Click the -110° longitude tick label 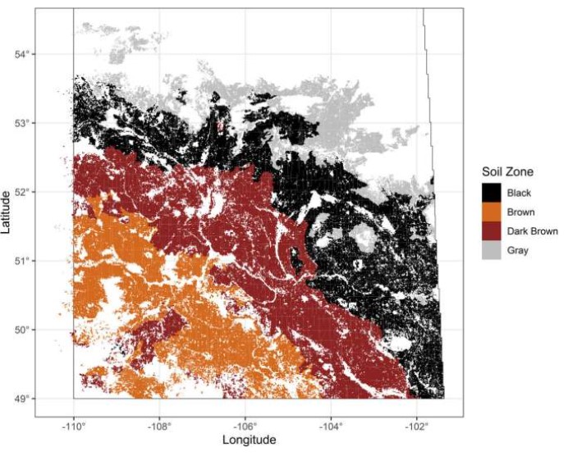click(x=73, y=426)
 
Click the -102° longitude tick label click(x=415, y=426)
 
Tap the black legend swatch click(x=492, y=193)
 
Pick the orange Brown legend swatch click(x=492, y=212)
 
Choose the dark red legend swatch click(x=492, y=231)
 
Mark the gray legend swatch click(x=492, y=251)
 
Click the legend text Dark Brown click(x=533, y=231)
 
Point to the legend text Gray click(x=520, y=251)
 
